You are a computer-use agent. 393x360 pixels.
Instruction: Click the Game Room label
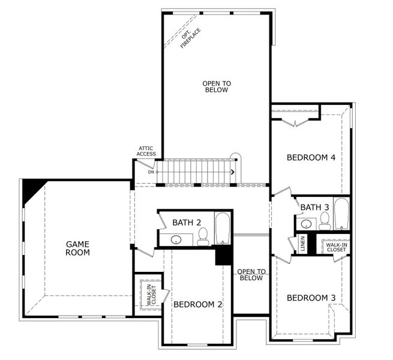77,248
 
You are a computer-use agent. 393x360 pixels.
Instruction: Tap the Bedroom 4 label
310,158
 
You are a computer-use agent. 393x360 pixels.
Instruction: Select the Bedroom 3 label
310,298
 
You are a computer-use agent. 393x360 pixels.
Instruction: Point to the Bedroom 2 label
197,305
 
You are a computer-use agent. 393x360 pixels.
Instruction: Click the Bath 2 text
187,223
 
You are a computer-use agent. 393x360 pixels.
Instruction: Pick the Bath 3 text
314,208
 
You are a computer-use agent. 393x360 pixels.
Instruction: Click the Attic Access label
146,151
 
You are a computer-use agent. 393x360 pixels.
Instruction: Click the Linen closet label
294,244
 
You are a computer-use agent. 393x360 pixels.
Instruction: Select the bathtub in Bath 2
223,228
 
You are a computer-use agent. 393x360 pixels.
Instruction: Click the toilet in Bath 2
203,236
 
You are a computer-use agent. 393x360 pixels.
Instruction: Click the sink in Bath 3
306,224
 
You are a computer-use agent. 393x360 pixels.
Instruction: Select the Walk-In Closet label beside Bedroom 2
149,294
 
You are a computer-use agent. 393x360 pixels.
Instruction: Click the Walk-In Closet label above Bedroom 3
336,247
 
